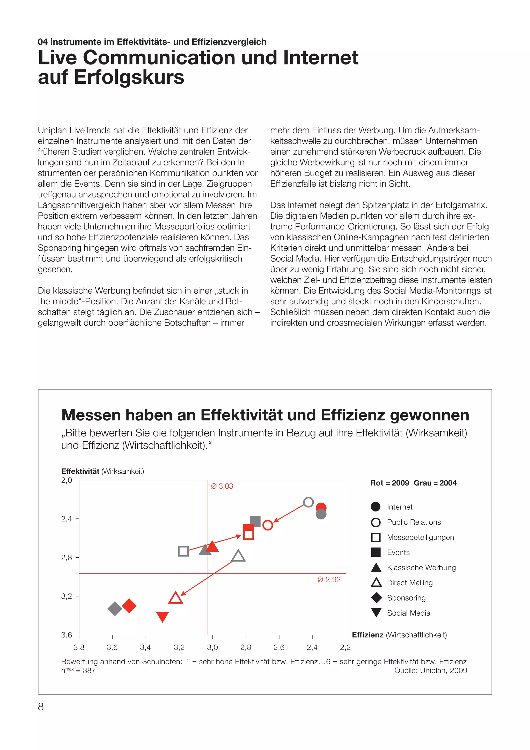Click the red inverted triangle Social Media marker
pos(163,616)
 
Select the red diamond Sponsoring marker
pos(129,605)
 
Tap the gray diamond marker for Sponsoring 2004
pos(115,608)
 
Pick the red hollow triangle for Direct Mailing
pos(175,598)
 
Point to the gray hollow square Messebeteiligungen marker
pos(183,551)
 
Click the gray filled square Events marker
pos(255,521)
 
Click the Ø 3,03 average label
pos(222,486)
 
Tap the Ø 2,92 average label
pos(329,580)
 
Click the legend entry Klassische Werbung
pos(421,567)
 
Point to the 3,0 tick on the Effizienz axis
pos(212,647)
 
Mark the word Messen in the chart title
pos(93,415)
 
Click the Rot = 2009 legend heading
pos(389,483)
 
